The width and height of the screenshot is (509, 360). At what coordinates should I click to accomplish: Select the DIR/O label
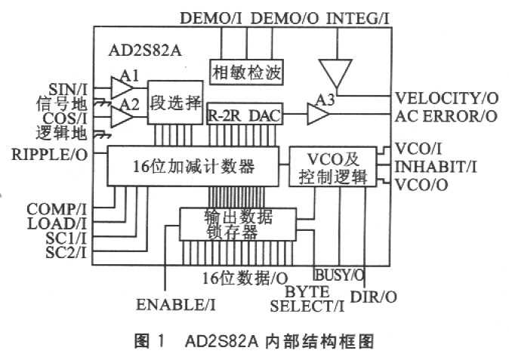point(378,297)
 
